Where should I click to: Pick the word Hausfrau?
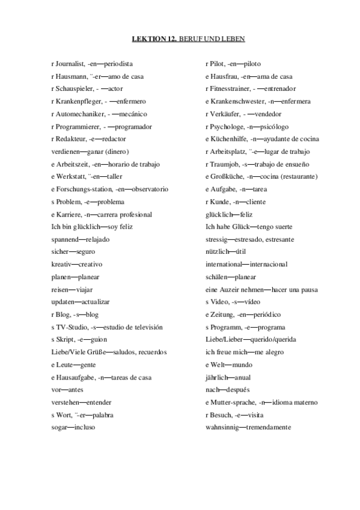224,76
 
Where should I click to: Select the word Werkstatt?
70,176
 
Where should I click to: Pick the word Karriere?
68,214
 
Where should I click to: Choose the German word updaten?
63,301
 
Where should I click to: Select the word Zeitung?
222,314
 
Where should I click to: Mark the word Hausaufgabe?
75,377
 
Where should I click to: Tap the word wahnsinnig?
222,427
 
